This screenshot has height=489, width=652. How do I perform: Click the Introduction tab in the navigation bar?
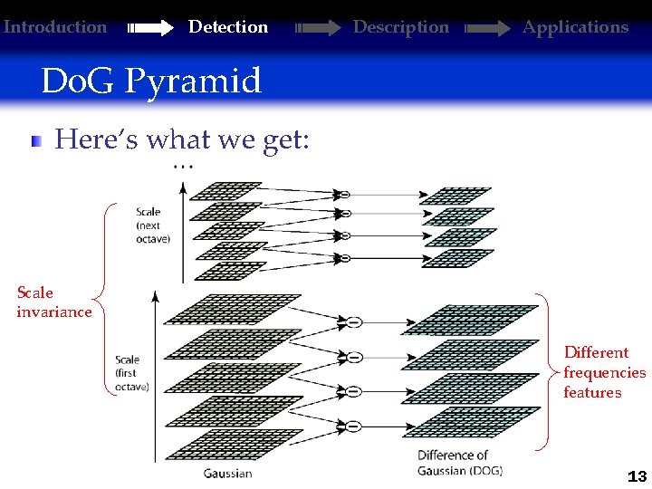pos(55,27)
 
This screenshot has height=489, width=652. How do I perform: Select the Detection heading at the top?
pos(227,27)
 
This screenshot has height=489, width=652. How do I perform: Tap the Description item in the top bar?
pos(400,27)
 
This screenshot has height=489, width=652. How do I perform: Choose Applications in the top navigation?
pos(575,27)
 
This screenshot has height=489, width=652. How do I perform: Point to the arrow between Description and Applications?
pos(488,28)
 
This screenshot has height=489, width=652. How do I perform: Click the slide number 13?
pos(636,476)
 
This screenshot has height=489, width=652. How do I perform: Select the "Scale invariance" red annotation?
pos(53,302)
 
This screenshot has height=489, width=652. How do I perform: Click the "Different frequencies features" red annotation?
pos(604,372)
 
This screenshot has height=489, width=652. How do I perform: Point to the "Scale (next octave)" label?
pos(153,225)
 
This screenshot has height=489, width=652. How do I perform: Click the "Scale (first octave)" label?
pos(132,373)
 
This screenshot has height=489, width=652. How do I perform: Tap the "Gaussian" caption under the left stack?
pos(227,473)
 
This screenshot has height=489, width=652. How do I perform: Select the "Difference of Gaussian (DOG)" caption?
pos(459,463)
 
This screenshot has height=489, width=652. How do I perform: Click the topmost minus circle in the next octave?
pos(344,194)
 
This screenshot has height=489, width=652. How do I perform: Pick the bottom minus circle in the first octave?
pos(354,426)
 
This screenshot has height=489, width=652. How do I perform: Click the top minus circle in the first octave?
pos(354,321)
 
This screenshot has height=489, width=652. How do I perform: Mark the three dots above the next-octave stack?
pos(183,166)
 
